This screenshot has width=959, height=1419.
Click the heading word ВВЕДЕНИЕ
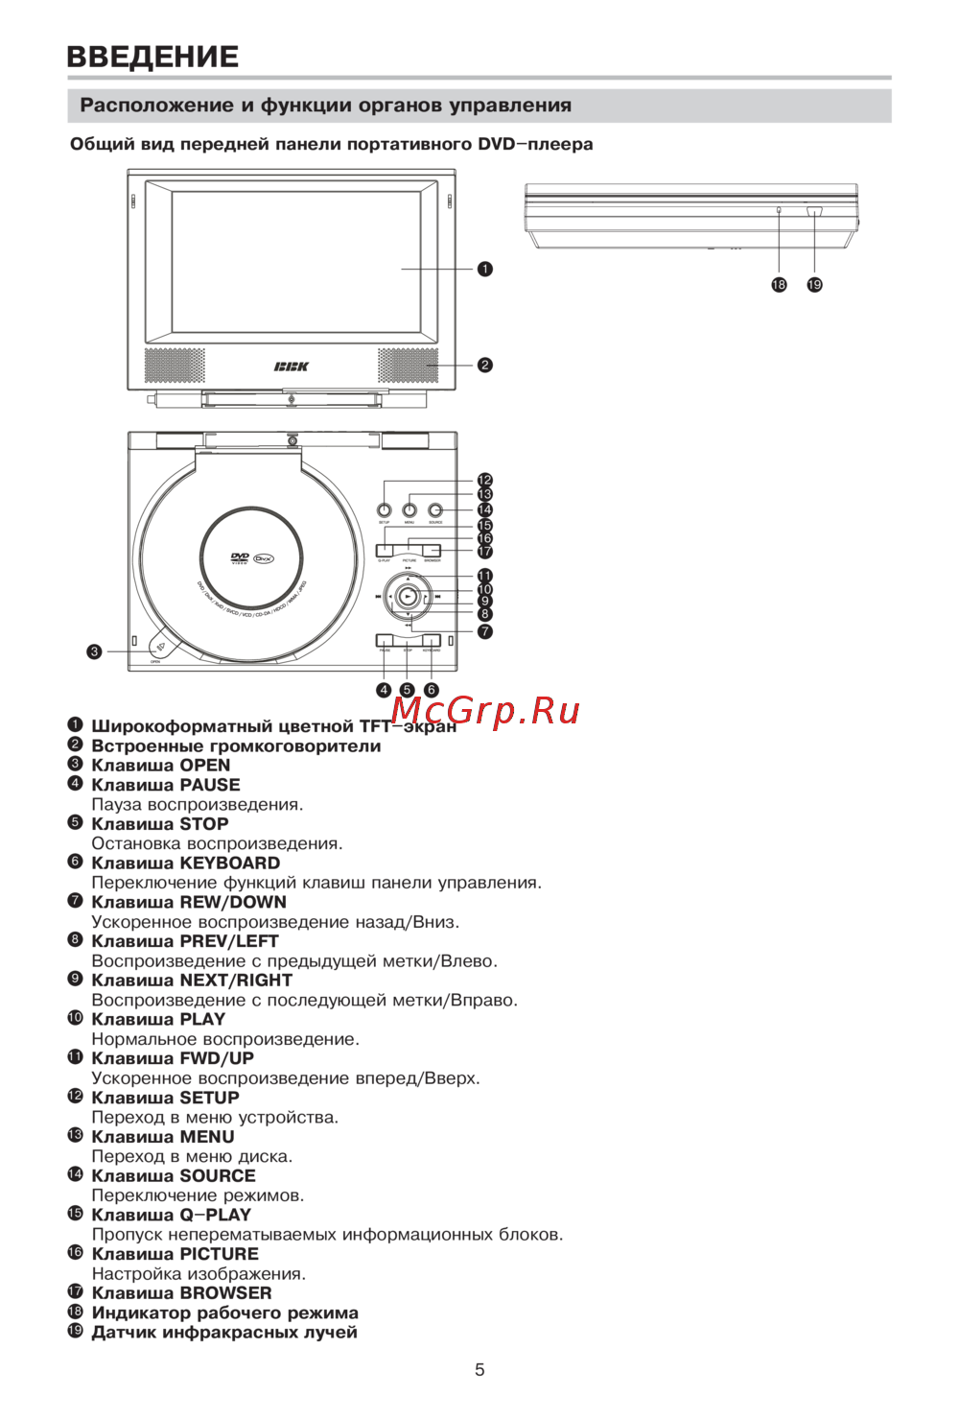tap(152, 57)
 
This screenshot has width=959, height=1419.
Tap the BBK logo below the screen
tap(292, 367)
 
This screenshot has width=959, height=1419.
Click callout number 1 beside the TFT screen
tap(485, 269)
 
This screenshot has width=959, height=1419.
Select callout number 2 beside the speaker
tap(485, 365)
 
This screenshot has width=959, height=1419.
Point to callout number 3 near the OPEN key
tap(94, 651)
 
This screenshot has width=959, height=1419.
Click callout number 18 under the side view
tap(779, 284)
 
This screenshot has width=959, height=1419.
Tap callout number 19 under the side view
tap(814, 284)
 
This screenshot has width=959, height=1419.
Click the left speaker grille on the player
tap(174, 366)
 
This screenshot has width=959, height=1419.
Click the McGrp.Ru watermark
tap(485, 711)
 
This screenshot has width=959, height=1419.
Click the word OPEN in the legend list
tap(205, 766)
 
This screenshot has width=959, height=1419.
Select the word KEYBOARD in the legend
tap(230, 863)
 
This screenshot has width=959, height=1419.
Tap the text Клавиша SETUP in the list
tap(165, 1098)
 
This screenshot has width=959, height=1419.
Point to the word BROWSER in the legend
tap(225, 1293)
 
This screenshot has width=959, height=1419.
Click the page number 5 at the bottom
tap(479, 1370)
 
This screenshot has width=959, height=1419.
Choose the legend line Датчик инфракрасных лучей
tap(224, 1333)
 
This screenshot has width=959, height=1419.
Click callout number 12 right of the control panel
tap(485, 480)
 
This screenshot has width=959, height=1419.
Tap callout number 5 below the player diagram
tap(407, 690)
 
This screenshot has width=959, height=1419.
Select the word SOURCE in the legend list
tap(218, 1176)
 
